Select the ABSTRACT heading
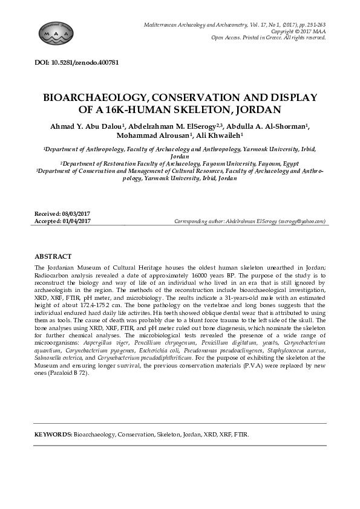point(53,257)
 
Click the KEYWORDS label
point(53,435)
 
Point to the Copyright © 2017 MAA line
point(298,31)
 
